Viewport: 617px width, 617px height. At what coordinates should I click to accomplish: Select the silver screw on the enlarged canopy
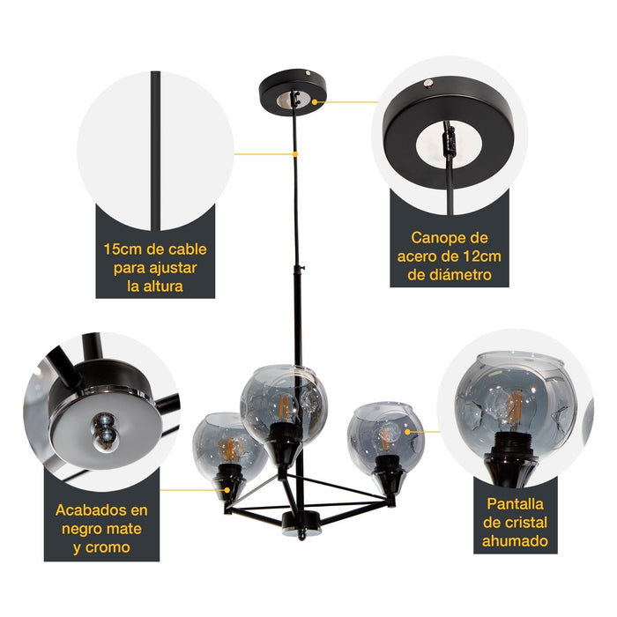(x=428, y=82)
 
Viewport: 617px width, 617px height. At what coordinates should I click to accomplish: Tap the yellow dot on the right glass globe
(x=408, y=432)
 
